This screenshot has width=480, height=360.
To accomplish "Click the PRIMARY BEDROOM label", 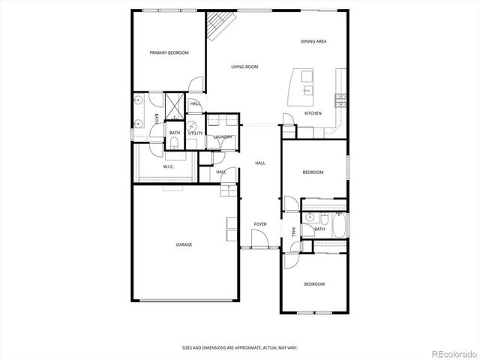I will (169, 52).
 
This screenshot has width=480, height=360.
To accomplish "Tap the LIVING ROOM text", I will (244, 67).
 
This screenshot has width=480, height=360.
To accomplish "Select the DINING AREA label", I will (313, 41).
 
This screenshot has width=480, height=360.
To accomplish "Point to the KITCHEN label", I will (313, 113).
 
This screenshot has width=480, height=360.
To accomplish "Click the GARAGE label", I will (184, 244).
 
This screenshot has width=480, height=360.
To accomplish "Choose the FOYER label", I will (260, 224).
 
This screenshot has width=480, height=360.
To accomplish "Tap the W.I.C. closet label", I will (169, 166).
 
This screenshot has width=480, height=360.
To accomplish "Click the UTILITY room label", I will (195, 133).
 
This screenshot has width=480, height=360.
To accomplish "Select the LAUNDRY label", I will (222, 136).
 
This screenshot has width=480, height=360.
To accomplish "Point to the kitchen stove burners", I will (340, 97).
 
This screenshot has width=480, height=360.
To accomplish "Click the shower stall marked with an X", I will (173, 103).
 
